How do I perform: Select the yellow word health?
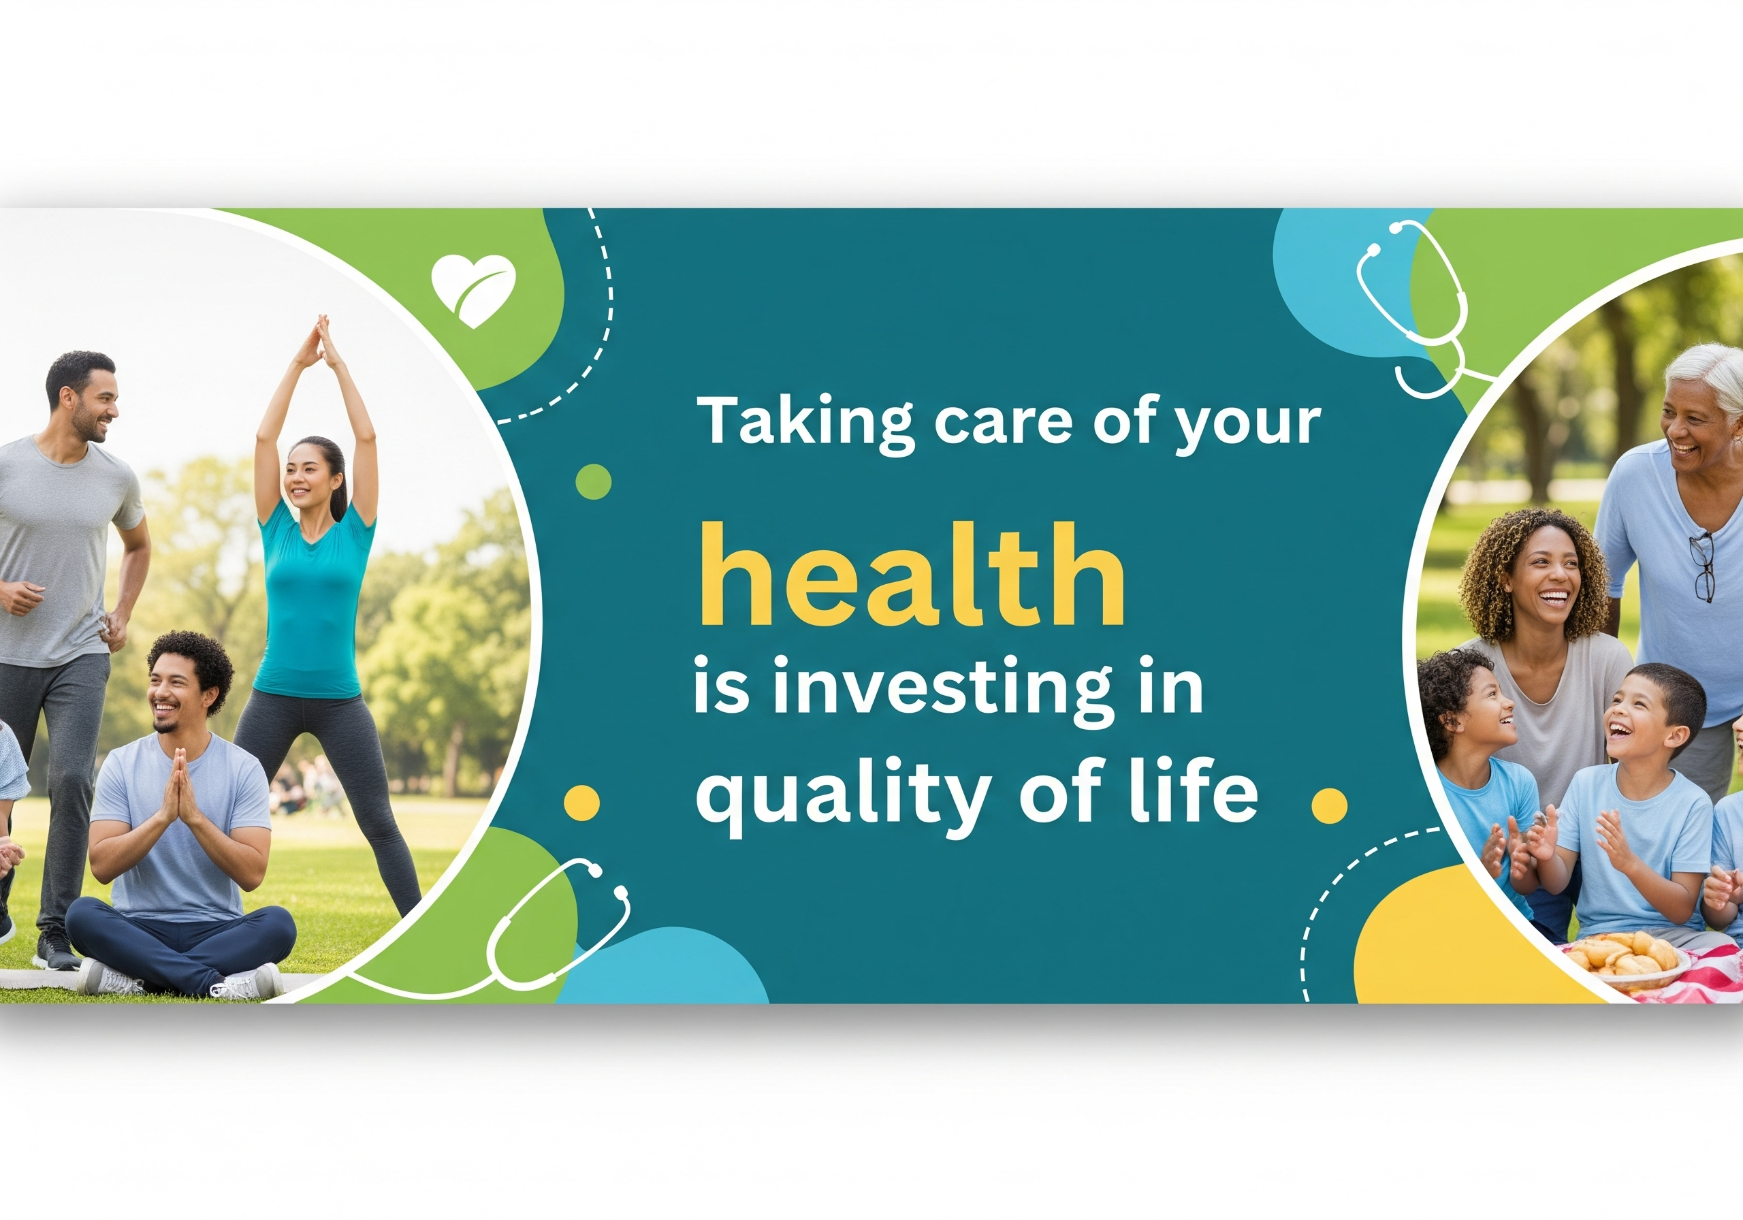click(911, 575)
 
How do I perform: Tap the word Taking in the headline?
click(807, 423)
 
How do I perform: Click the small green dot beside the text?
click(594, 481)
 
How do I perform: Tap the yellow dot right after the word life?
click(1329, 805)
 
